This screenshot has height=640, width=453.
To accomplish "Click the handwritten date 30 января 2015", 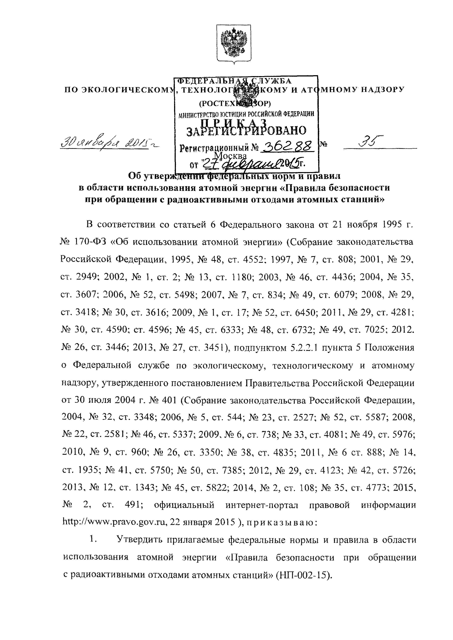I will point(107,144).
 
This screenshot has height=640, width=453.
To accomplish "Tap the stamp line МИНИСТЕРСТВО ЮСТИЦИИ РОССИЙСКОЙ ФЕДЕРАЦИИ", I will point(246,114).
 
